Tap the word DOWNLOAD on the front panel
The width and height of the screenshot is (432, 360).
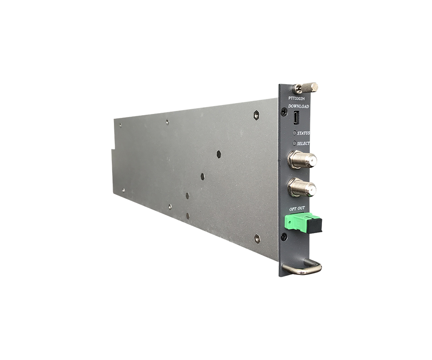click(x=299, y=106)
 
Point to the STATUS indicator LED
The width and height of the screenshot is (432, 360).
click(x=294, y=133)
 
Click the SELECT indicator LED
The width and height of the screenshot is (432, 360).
click(x=294, y=143)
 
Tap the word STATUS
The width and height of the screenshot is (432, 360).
click(x=303, y=133)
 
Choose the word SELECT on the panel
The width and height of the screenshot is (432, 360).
click(x=303, y=143)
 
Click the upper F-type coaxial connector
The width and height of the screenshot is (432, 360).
click(x=301, y=159)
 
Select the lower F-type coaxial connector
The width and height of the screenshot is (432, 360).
click(x=301, y=187)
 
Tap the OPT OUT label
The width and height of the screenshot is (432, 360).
click(x=297, y=208)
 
